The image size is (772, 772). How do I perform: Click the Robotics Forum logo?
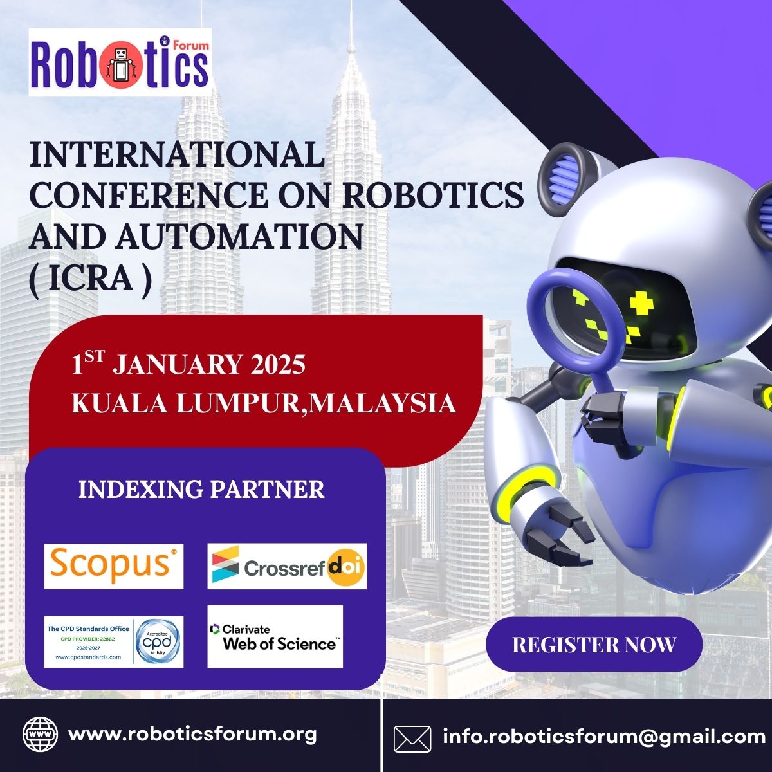(x=120, y=62)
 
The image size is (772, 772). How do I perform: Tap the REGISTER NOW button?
(x=594, y=644)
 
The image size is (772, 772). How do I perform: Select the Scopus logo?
(x=113, y=565)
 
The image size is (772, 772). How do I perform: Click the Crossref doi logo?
(x=287, y=566)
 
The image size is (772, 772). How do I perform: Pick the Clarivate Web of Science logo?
(x=275, y=636)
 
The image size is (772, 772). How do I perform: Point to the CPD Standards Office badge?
(x=113, y=641)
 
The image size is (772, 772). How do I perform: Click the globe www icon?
(x=40, y=735)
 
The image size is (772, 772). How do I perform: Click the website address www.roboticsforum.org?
(x=192, y=734)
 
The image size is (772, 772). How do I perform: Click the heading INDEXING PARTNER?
(x=201, y=490)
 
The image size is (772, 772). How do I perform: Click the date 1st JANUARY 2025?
(x=188, y=365)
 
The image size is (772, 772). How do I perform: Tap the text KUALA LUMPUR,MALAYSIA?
(x=263, y=403)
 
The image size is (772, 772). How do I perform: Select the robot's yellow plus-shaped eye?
(x=641, y=300)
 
